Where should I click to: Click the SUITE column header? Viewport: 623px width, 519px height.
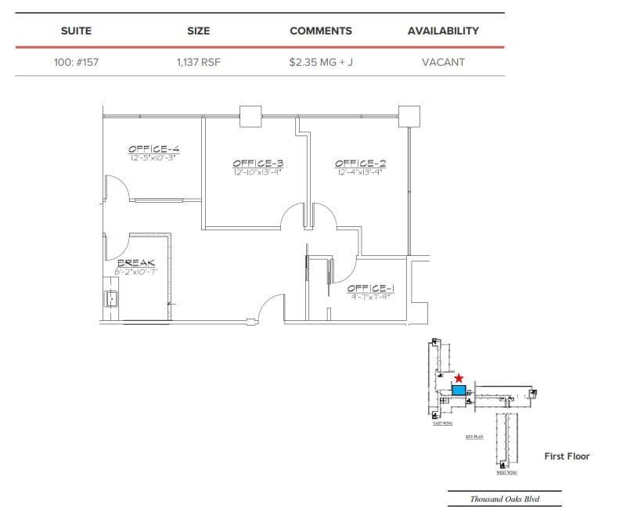76,31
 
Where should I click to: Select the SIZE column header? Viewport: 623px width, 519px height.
198,31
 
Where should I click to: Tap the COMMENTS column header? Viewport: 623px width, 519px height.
320,31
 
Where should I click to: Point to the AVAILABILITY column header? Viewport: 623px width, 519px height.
443,31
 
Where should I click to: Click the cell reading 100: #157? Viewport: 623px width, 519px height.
76,62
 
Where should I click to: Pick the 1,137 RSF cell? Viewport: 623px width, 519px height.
198,62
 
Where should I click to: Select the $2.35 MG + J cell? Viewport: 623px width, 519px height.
320,62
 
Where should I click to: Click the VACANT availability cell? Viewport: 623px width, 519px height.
443,62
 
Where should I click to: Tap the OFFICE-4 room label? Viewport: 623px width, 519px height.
154,149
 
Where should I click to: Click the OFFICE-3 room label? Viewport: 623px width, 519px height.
257,164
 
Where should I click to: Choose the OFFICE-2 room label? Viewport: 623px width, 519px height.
360,164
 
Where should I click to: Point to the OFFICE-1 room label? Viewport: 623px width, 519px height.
370,289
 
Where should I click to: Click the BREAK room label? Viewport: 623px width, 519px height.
135,263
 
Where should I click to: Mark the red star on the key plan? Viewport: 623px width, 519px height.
459,378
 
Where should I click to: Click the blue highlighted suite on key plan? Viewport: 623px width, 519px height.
459,390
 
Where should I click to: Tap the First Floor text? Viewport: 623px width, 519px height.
567,456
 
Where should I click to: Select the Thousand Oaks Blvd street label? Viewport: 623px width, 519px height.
504,499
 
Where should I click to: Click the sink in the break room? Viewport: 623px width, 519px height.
112,298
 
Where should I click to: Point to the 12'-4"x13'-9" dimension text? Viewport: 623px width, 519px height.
360,171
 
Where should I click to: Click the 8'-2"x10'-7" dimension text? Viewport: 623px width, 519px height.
135,272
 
